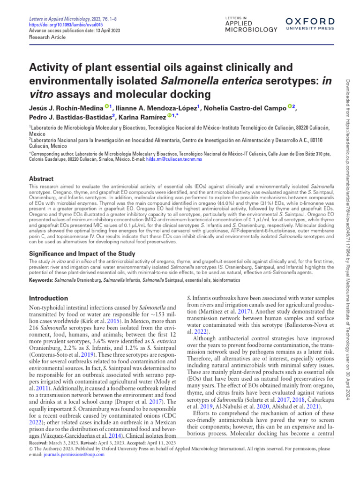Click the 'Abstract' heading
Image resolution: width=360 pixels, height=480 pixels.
point(41,179)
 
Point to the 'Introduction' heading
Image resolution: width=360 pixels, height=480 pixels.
point(48,298)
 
